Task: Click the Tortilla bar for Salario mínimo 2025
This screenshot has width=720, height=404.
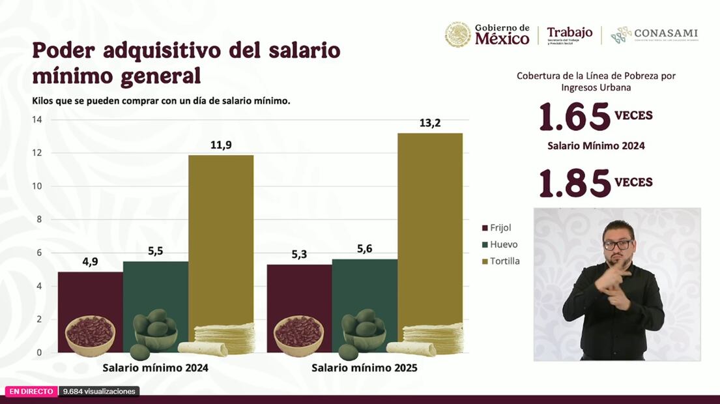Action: click(430, 228)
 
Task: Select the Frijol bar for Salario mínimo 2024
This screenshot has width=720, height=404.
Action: click(90, 293)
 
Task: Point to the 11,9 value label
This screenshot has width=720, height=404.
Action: click(221, 145)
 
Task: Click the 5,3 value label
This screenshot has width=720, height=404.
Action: click(299, 253)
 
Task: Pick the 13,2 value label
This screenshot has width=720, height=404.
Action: click(430, 123)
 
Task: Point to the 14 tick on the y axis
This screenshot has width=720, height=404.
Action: click(37, 120)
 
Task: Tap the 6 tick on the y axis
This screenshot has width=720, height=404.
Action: click(39, 253)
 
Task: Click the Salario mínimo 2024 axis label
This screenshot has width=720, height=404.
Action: click(155, 368)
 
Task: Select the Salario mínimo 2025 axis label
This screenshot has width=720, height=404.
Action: click(364, 368)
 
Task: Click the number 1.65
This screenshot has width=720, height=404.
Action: click(575, 117)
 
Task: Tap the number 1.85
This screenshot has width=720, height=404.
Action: click(575, 184)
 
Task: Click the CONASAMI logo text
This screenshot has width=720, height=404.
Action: click(665, 33)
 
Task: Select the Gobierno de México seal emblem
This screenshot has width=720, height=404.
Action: click(457, 35)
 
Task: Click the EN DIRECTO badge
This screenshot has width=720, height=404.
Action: click(31, 391)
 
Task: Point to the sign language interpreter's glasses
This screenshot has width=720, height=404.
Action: click(617, 244)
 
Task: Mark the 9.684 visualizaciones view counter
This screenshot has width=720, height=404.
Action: click(99, 391)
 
